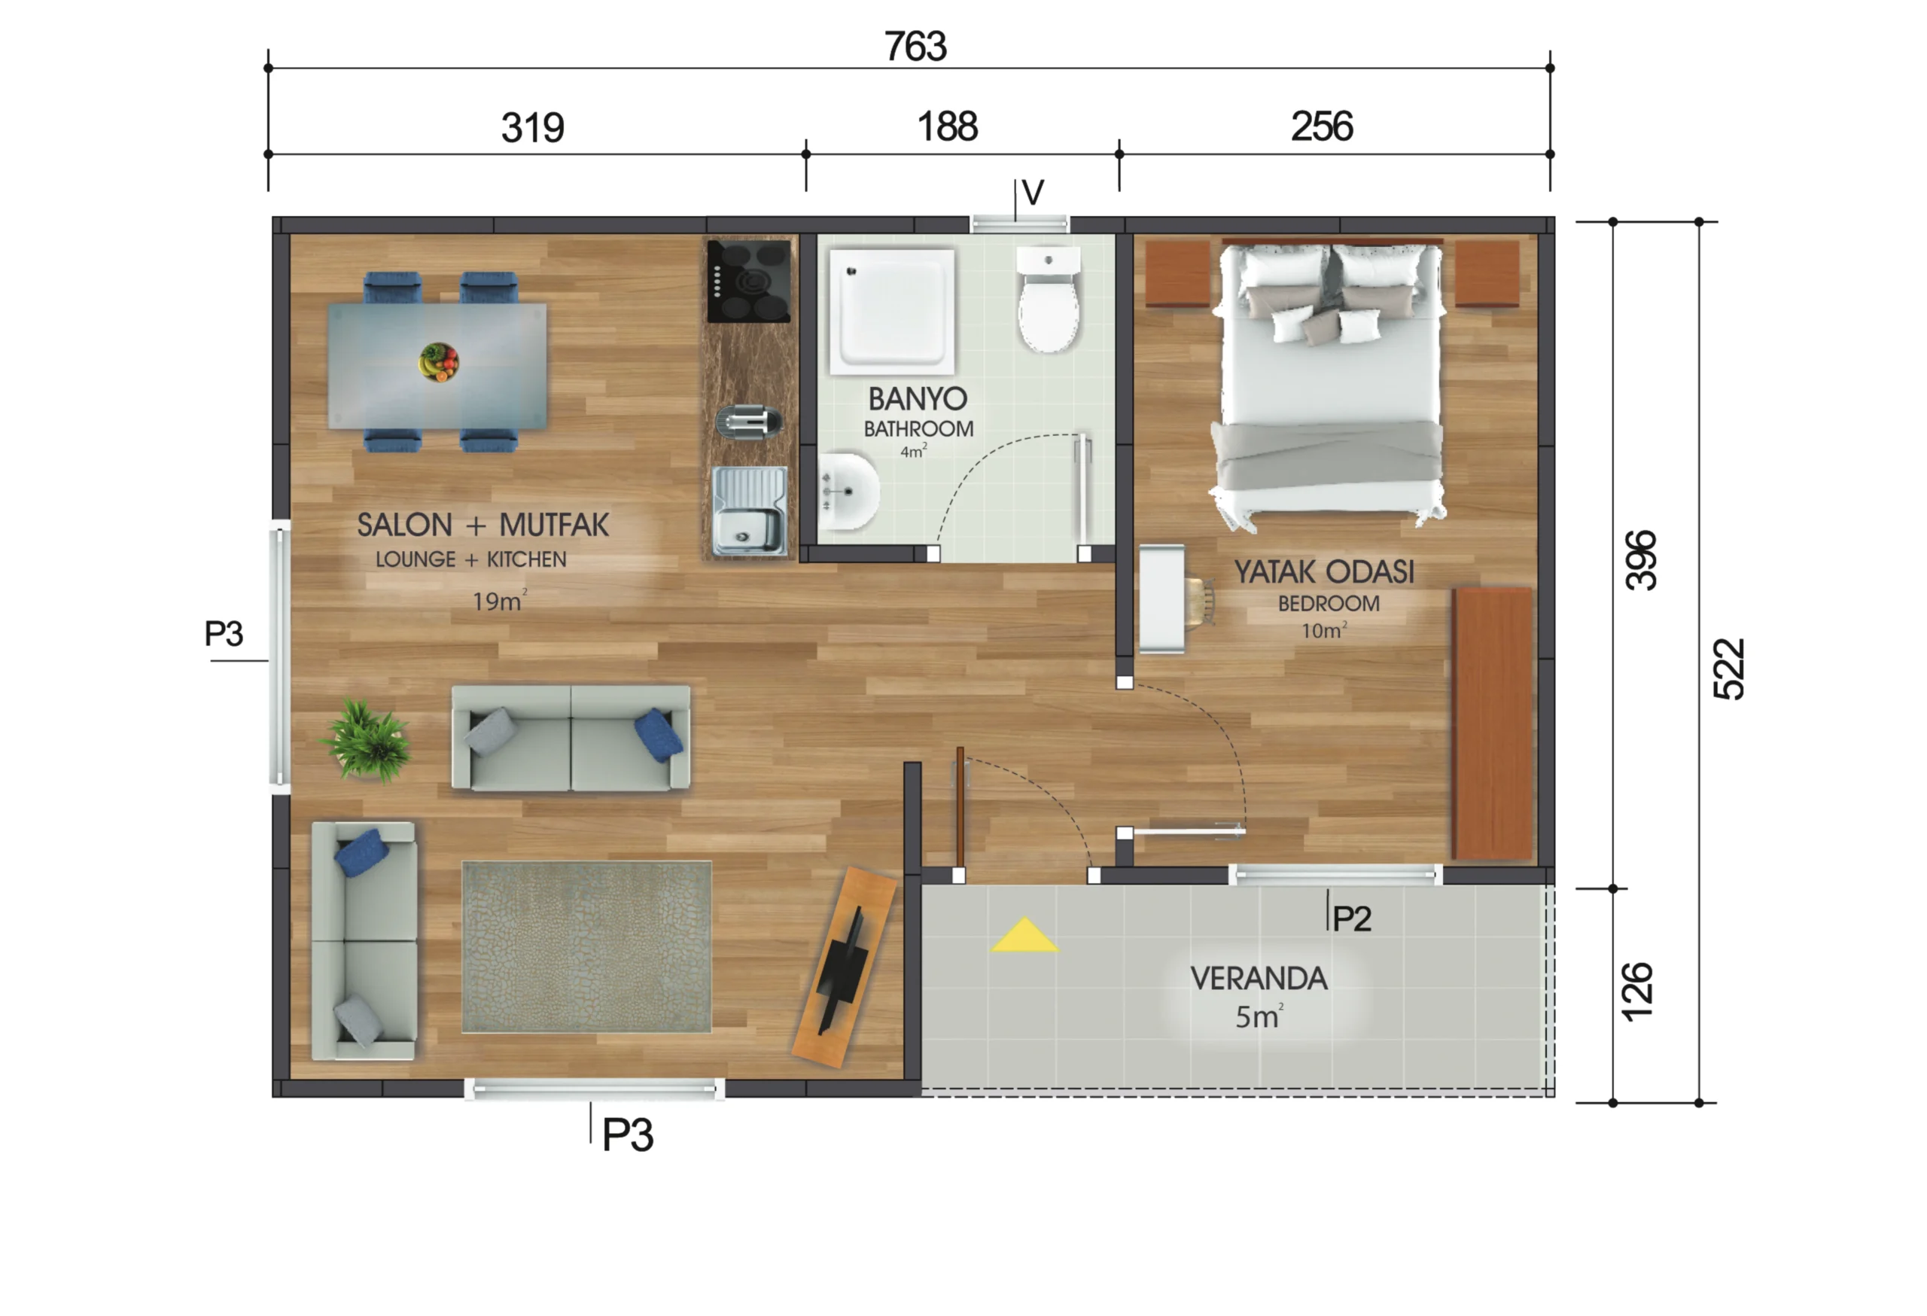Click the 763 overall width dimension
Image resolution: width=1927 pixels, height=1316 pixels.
pos(915,47)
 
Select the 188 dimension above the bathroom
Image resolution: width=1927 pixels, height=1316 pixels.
pos(947,127)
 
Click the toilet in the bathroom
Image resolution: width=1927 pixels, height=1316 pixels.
pos(1049,300)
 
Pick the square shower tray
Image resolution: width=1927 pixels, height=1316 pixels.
pos(892,310)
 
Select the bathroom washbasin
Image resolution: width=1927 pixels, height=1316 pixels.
pos(848,491)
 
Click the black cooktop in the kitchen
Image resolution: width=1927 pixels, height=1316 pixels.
pos(748,281)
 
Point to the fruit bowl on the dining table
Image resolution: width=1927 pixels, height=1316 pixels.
pos(439,362)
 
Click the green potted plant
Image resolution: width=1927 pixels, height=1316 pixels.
pos(367,741)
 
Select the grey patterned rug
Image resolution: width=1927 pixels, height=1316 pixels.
pos(586,947)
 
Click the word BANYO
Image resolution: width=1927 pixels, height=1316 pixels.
pos(917,400)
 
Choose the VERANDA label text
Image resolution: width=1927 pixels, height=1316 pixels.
pos(1259,979)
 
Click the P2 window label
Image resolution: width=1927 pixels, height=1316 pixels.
pos(1352,918)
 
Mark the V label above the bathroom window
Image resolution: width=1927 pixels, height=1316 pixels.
pos(1032,193)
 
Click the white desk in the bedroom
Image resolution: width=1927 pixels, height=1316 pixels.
pos(1161,599)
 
